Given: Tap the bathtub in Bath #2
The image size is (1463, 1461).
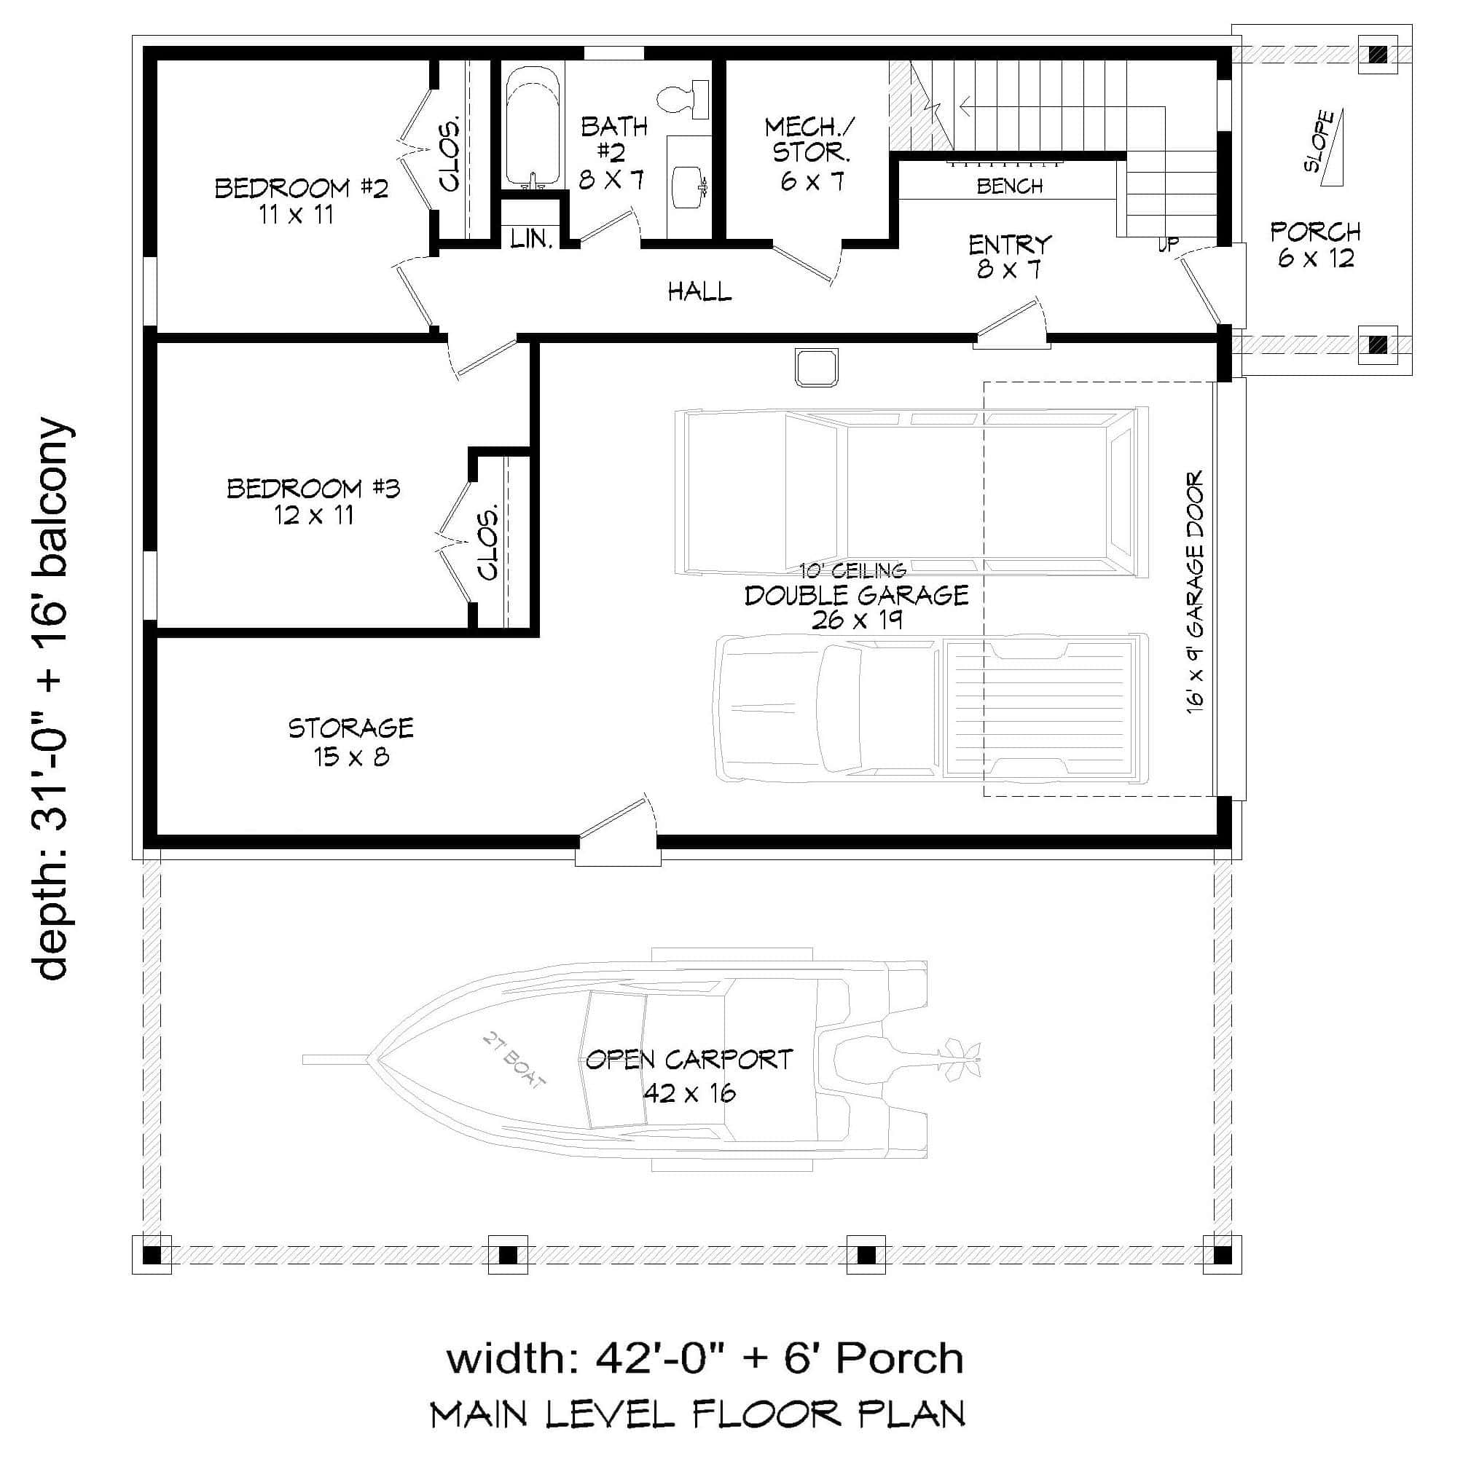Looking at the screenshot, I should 534,127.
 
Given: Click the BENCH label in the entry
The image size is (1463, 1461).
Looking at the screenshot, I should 1009,186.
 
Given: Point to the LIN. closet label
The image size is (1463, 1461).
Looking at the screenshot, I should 531,239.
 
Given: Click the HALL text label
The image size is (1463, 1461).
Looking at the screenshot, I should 699,291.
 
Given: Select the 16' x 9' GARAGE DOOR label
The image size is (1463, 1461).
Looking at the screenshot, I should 1194,592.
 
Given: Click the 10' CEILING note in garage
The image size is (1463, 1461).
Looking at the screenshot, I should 852,571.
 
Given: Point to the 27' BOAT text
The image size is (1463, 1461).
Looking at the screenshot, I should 514,1060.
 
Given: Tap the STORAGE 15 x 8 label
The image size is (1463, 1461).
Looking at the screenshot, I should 351,742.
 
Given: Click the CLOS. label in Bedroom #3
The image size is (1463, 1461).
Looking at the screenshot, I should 489,541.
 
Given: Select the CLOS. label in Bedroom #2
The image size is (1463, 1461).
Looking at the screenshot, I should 450,154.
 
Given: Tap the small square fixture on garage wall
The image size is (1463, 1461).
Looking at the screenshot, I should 815,367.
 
